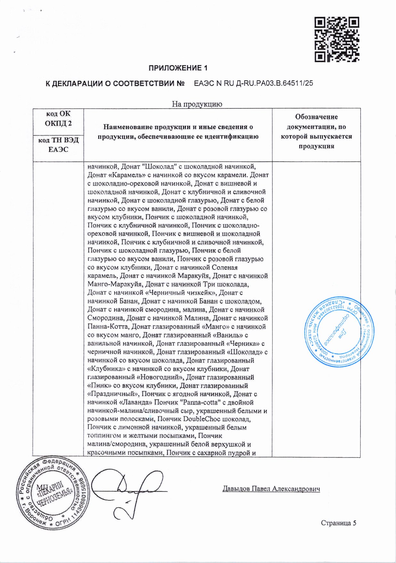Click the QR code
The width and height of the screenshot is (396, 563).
pos(337,39)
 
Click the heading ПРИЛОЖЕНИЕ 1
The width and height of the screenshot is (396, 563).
pos(178,68)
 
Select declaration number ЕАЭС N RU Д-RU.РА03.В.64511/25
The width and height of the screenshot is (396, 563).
pos(254,84)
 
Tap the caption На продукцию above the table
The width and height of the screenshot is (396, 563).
pos(197,104)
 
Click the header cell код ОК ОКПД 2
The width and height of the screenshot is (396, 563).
pos(58,119)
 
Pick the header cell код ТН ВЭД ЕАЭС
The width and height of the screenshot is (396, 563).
pos(58,145)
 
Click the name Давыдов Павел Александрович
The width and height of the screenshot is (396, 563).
pos(271,489)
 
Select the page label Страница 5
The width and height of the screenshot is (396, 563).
pos(338,523)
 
